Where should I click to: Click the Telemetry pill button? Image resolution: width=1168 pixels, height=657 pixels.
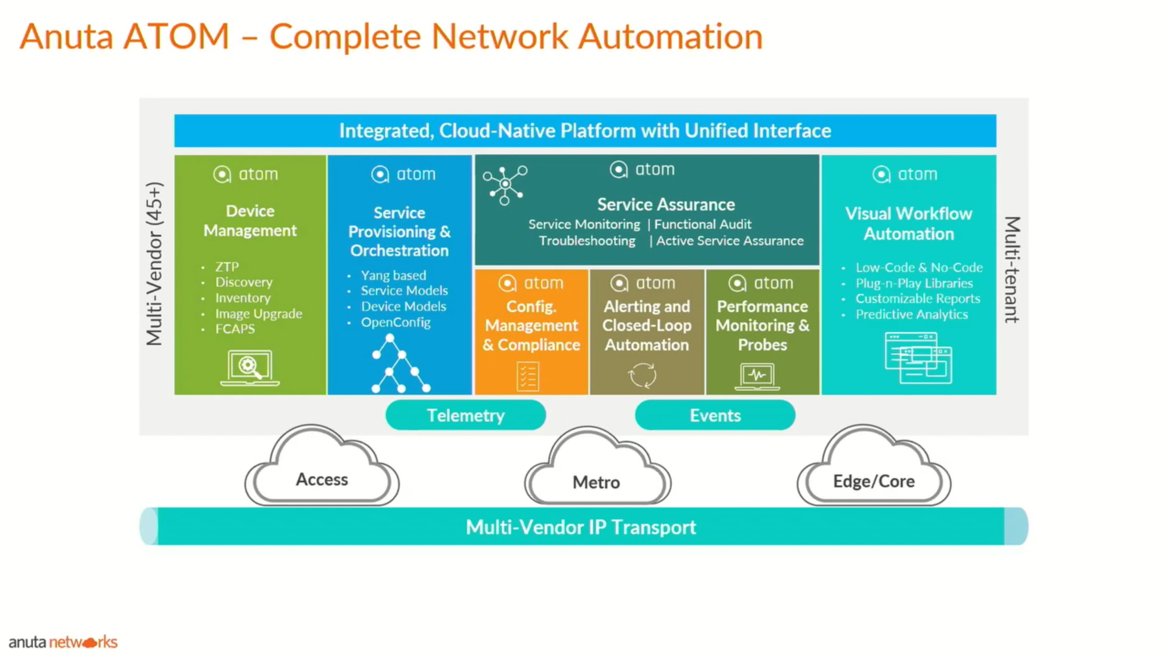point(465,415)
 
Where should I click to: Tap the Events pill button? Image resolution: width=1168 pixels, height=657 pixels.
point(715,415)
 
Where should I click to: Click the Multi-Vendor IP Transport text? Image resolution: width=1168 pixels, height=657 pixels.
point(581,527)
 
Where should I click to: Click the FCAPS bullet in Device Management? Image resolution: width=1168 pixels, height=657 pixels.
point(235,329)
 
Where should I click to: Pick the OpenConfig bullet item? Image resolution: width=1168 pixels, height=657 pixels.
point(396,322)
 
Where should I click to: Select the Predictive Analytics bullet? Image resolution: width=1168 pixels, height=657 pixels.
point(912,314)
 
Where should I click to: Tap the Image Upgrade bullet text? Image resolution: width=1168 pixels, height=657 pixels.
point(258,313)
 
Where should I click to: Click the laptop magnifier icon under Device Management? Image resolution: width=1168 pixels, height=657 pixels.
point(250,367)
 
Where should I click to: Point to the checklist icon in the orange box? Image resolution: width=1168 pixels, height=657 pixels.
point(528,376)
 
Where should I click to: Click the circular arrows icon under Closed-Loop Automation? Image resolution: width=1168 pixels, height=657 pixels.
point(642,375)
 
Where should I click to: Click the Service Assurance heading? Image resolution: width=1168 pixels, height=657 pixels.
point(666,204)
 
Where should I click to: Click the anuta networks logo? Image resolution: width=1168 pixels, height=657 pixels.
point(63,642)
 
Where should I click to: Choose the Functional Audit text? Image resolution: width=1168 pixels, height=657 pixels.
point(702,224)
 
